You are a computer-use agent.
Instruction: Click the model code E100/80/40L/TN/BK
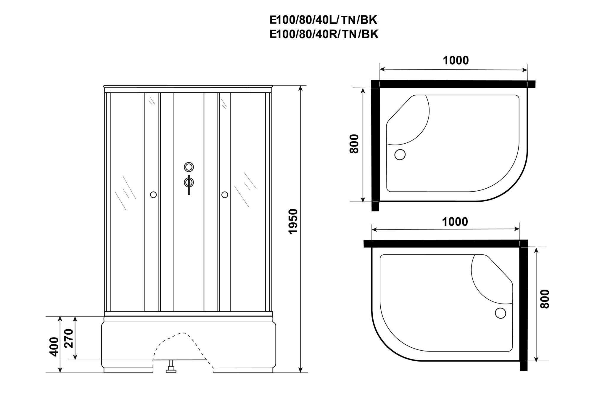(x=323, y=20)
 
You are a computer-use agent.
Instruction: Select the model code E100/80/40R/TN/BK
(x=324, y=34)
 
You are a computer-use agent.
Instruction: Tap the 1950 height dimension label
(x=293, y=221)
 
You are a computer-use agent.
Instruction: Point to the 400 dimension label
(x=54, y=346)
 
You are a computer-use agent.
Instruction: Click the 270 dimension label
(x=68, y=338)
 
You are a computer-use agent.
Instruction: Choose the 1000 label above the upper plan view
(x=456, y=60)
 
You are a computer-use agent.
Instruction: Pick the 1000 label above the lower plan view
(x=455, y=221)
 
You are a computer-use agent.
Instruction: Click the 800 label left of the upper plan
(x=354, y=144)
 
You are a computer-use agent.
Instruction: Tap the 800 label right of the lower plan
(x=545, y=299)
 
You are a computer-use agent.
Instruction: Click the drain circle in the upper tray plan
(x=400, y=155)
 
